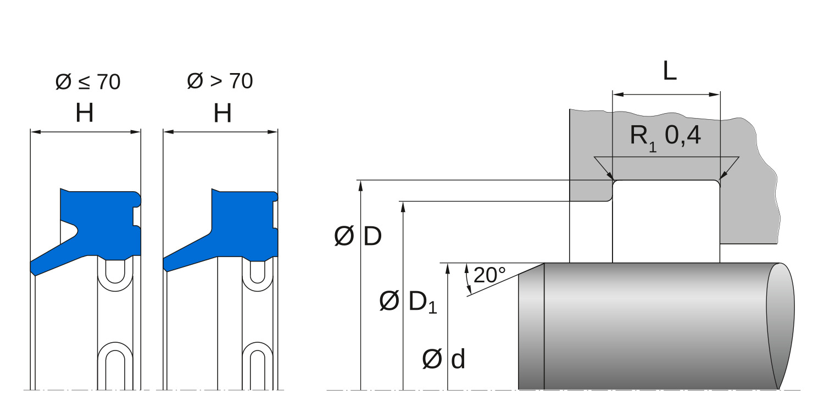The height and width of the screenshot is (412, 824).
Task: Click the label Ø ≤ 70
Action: click(88, 82)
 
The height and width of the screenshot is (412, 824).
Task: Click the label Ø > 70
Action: click(220, 81)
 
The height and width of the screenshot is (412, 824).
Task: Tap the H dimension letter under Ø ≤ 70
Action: click(85, 114)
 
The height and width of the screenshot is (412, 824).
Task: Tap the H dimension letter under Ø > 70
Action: click(222, 114)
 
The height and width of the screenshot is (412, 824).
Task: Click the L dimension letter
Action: click(669, 71)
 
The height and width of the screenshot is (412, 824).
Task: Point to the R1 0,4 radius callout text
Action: click(665, 135)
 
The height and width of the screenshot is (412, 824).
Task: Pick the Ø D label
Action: click(358, 237)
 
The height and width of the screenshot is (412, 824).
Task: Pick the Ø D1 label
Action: click(408, 302)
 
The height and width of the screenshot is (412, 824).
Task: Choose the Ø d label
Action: click(444, 360)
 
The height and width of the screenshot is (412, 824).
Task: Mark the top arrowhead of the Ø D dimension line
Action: click(361, 185)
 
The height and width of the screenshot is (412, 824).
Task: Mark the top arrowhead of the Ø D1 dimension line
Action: click(403, 206)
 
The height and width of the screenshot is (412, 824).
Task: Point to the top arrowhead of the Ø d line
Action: click(448, 268)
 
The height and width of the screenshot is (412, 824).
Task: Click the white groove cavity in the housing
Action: click(665, 220)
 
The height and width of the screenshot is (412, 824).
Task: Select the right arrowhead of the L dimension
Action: click(715, 95)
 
